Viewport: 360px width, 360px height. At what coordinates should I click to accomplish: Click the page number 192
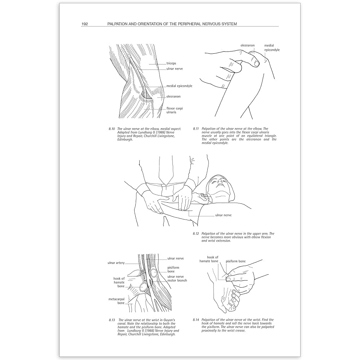click(85, 24)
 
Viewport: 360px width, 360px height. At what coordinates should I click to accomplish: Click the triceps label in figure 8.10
click(171, 63)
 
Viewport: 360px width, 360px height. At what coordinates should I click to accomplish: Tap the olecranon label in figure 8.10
click(173, 96)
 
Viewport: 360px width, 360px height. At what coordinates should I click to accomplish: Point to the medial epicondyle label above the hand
click(272, 48)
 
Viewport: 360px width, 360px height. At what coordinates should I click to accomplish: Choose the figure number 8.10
click(111, 129)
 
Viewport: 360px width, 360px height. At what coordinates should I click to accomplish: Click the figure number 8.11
click(196, 129)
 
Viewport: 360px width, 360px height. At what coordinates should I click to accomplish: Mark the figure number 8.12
click(196, 233)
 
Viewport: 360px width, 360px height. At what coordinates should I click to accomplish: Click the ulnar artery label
click(116, 263)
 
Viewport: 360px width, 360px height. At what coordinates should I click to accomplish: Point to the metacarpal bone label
click(116, 301)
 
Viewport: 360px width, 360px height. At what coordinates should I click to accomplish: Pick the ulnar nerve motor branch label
click(177, 278)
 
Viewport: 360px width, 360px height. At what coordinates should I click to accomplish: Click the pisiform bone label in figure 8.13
click(173, 270)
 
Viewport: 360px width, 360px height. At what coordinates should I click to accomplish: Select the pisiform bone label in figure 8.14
click(235, 261)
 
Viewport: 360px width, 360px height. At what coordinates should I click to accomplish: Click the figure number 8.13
click(111, 320)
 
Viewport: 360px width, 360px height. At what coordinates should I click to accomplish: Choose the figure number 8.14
click(196, 320)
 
